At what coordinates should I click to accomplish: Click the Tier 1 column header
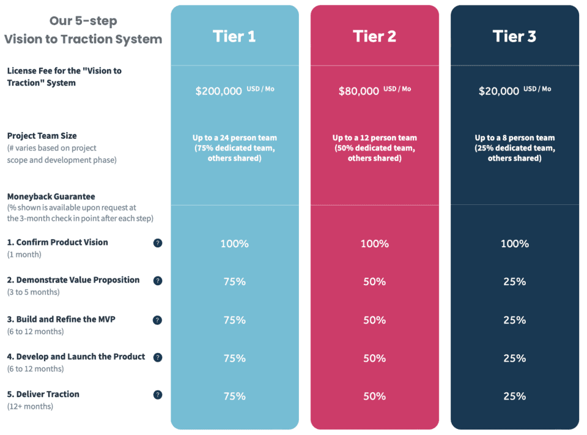[x=234, y=37]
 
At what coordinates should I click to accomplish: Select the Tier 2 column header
[x=374, y=37]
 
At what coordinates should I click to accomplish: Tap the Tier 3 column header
[x=514, y=37]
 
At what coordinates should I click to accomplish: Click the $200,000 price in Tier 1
[x=219, y=91]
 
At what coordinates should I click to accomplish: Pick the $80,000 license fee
[x=359, y=91]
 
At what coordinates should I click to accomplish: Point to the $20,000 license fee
[x=499, y=91]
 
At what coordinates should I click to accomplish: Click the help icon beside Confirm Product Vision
[x=158, y=243]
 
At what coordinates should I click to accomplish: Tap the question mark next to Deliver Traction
[x=158, y=395]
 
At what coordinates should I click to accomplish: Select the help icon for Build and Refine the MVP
[x=158, y=320]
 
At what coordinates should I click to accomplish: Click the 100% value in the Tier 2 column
[x=374, y=244]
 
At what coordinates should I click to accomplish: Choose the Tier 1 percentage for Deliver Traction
[x=234, y=396]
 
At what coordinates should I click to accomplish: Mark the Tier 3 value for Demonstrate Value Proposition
[x=514, y=281]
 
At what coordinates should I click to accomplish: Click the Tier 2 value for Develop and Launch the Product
[x=374, y=358]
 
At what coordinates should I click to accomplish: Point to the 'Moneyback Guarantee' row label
[x=51, y=196]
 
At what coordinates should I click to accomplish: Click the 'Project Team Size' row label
[x=42, y=136]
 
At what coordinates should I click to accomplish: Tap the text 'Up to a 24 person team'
[x=234, y=138]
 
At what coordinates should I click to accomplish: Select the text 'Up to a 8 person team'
[x=514, y=138]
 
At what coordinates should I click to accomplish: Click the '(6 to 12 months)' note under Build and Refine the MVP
[x=35, y=332]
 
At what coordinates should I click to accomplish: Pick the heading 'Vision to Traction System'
[x=83, y=40]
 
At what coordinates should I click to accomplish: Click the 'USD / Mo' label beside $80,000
[x=397, y=89]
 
